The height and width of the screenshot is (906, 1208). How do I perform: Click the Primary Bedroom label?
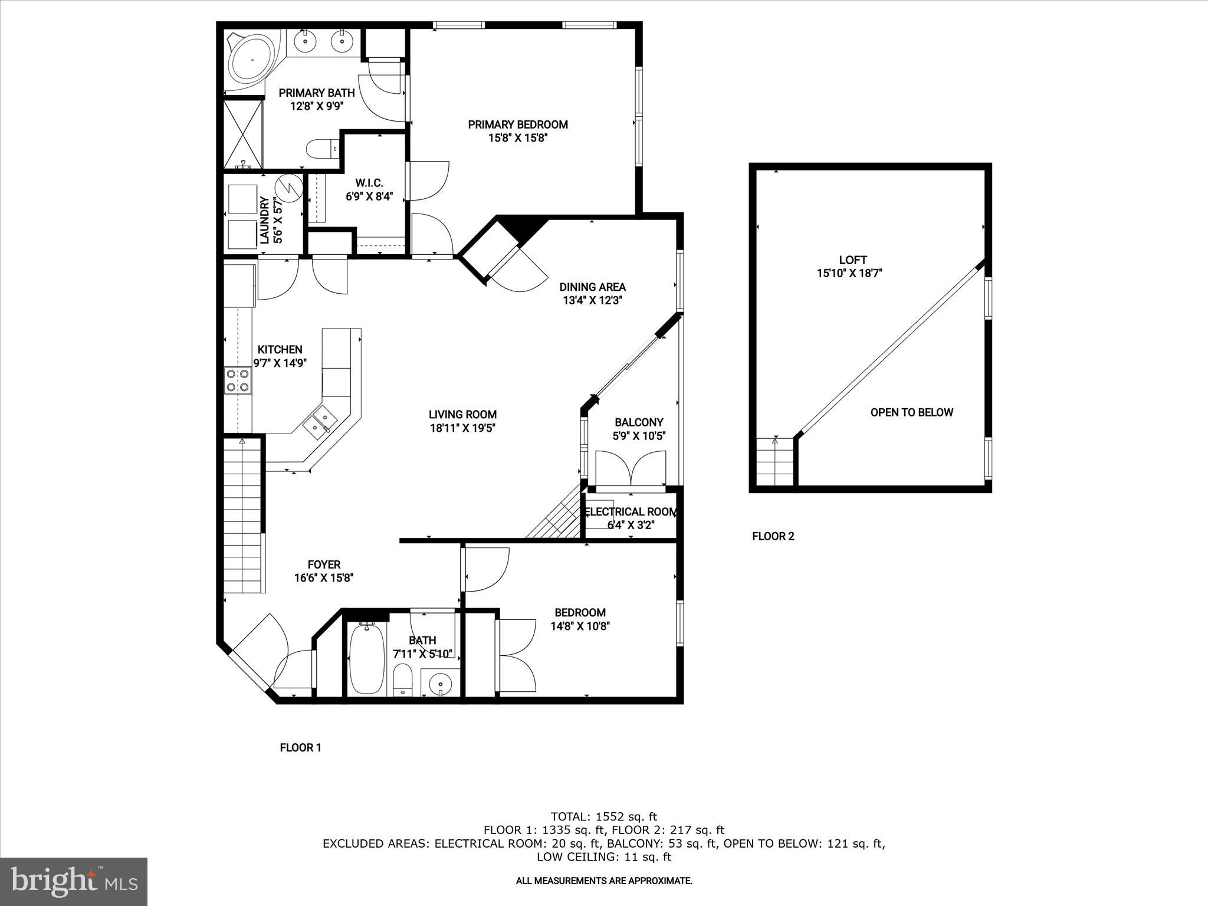coord(517,124)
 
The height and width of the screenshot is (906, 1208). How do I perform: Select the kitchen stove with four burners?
coord(238,380)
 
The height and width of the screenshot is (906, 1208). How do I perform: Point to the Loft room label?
coord(852,260)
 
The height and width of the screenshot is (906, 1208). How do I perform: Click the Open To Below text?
coord(911,412)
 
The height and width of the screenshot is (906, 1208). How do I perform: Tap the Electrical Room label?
coord(631,512)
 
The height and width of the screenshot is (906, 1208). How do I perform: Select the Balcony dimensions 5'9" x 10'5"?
coord(639,436)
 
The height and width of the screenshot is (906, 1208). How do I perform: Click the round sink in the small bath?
coord(440,684)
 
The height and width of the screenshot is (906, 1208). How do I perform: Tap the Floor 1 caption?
coord(300,748)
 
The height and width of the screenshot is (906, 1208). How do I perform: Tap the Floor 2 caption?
coord(773,536)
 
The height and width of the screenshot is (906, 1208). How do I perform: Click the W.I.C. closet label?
coord(369,183)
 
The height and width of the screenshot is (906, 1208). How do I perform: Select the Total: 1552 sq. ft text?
coord(603,817)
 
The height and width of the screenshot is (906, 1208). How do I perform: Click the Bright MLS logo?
coord(74,881)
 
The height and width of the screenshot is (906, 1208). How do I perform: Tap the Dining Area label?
coord(592,287)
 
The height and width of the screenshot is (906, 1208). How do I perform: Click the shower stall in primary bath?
coord(242,134)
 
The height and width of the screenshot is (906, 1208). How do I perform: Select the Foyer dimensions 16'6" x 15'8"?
coord(323,578)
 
